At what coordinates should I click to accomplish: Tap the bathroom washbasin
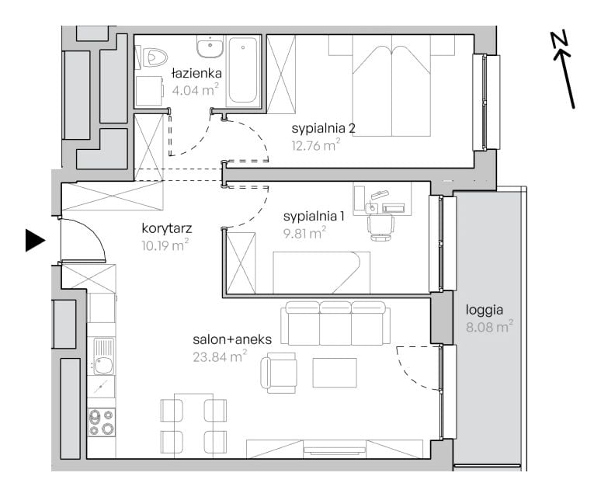[x=210, y=46]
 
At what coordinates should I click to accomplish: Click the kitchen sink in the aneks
[x=103, y=356]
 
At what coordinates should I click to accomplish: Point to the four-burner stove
[x=102, y=422]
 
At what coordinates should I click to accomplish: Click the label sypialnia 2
[x=323, y=128]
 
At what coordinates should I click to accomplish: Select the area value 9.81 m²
[x=304, y=233]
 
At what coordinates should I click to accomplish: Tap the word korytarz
[x=167, y=229]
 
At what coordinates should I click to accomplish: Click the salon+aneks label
[x=232, y=339]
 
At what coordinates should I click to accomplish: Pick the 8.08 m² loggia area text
[x=489, y=327]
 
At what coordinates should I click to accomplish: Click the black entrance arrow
[x=35, y=241]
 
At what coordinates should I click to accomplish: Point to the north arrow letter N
[x=560, y=40]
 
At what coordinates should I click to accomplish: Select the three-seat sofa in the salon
[x=335, y=322]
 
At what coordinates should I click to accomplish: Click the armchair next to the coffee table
[x=278, y=373]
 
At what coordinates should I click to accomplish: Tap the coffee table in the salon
[x=335, y=373]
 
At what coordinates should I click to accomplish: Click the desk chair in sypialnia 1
[x=380, y=227]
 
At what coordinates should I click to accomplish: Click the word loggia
[x=484, y=310]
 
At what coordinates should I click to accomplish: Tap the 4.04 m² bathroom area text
[x=195, y=90]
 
